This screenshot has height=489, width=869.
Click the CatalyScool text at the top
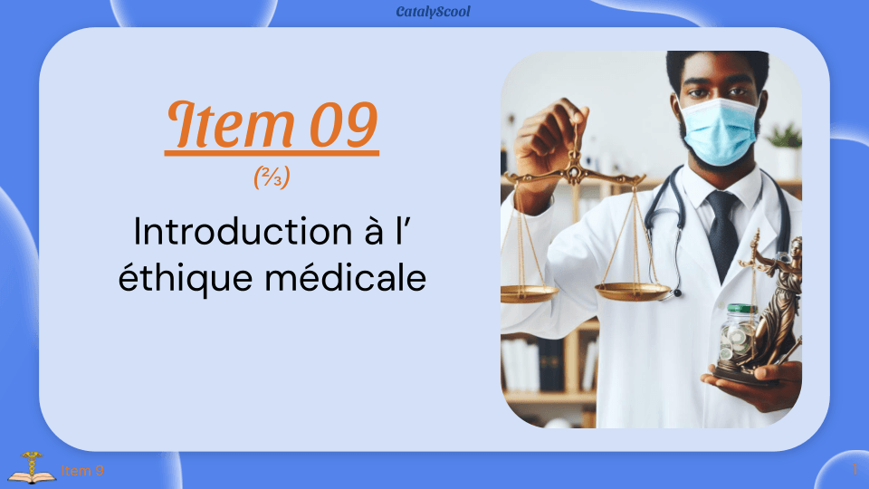click(x=434, y=12)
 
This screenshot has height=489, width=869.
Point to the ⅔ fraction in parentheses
click(x=272, y=177)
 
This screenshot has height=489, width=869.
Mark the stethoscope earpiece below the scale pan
click(x=674, y=292)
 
